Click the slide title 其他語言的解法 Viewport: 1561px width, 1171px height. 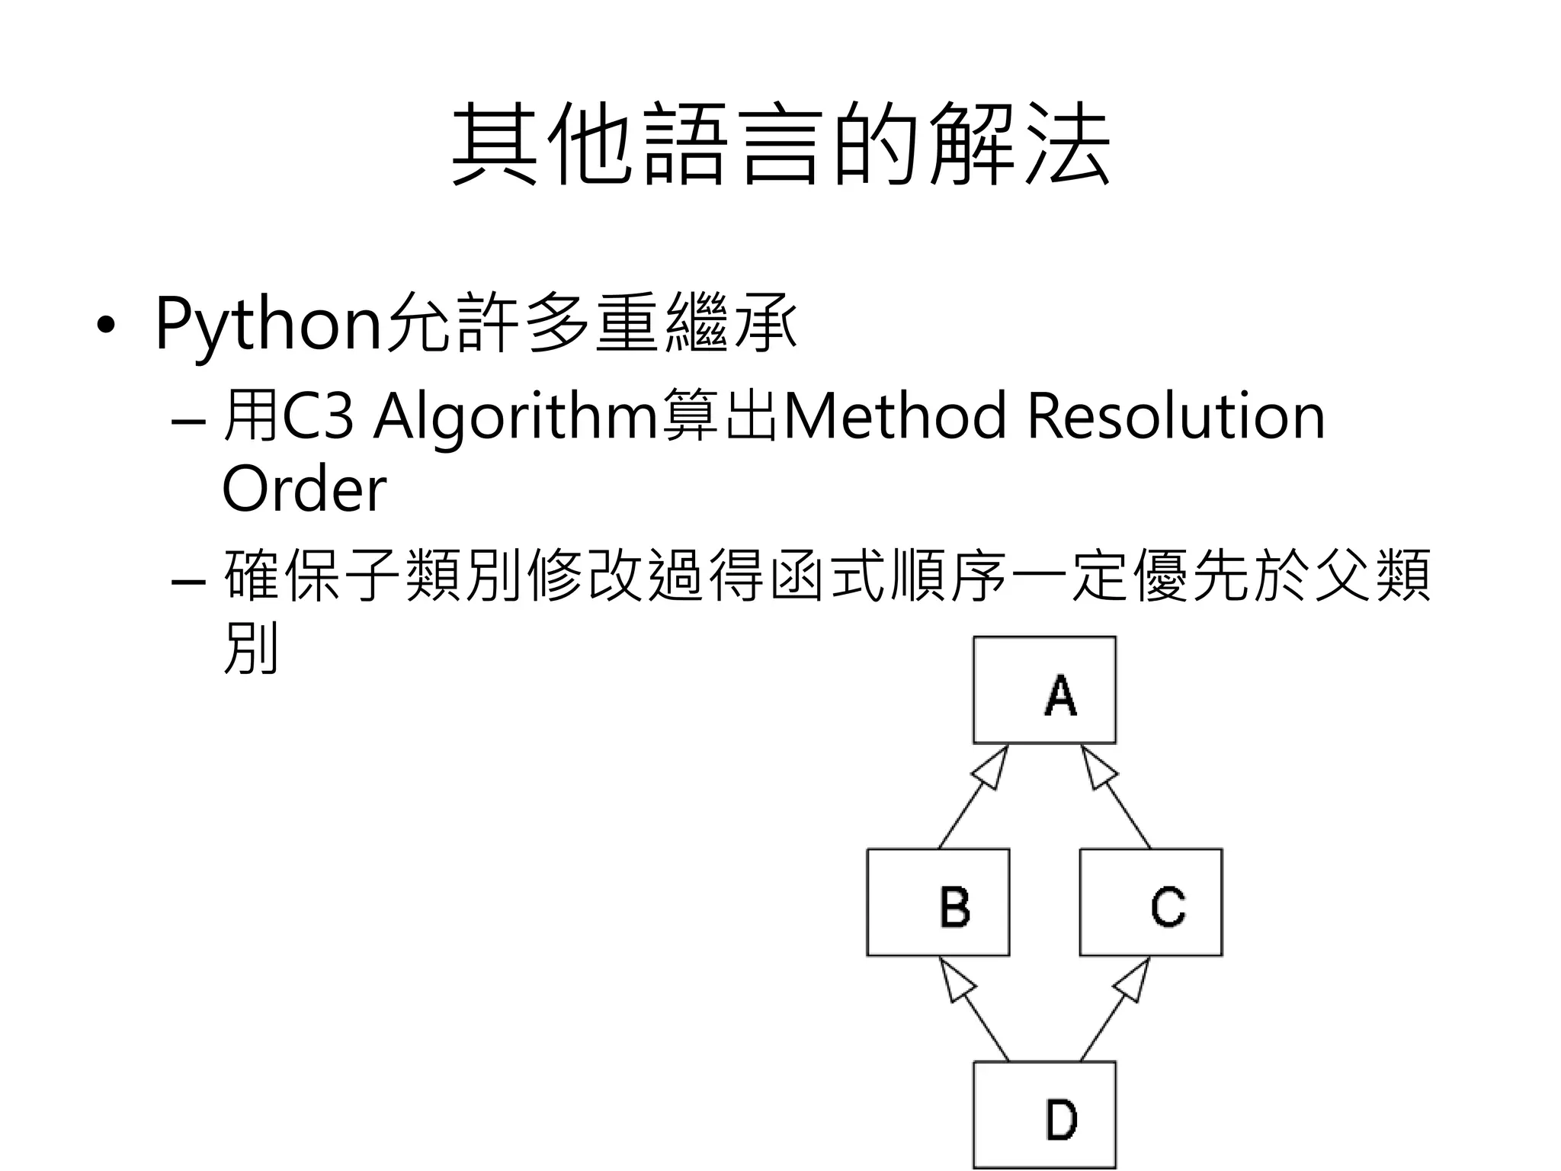(x=780, y=145)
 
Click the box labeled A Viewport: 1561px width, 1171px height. (x=1044, y=690)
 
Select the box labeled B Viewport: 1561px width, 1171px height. (x=938, y=902)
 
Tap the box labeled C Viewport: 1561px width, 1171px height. (x=1151, y=902)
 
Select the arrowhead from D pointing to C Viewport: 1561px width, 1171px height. (x=1134, y=979)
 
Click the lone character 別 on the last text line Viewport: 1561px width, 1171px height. (x=250, y=648)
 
